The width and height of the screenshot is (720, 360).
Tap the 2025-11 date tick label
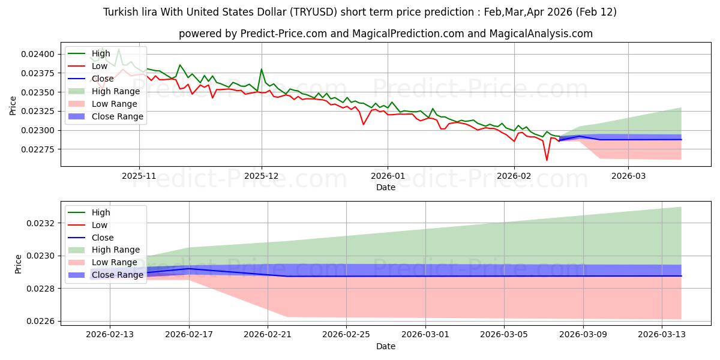point(139,176)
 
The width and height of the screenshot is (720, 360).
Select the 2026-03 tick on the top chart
point(628,176)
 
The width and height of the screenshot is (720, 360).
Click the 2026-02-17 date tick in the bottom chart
point(190,335)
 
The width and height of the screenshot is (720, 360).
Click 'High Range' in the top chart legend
point(115,91)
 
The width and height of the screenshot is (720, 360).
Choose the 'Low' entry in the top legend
point(100,66)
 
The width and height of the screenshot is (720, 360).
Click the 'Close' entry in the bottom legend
point(102,238)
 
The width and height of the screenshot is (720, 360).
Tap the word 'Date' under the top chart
point(385,187)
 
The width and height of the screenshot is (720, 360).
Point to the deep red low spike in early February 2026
point(547,160)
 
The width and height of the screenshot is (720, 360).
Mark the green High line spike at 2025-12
point(262,69)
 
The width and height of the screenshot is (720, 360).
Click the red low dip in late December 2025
point(363,124)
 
